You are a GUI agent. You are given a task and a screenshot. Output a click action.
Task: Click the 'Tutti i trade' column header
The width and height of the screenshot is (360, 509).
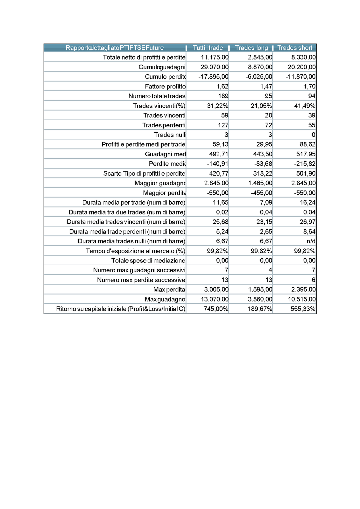tap(208, 48)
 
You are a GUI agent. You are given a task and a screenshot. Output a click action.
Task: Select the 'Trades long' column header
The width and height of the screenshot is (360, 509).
tap(251, 48)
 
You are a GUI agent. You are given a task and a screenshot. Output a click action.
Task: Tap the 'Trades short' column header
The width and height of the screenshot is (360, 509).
tap(295, 48)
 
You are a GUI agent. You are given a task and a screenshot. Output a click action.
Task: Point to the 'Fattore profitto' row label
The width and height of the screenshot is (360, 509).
tap(165, 87)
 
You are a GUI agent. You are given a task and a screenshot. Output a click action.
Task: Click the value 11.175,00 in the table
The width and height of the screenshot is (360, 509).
tap(215, 57)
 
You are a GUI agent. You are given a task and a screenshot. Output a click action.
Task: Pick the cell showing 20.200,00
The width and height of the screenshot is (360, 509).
tap(302, 67)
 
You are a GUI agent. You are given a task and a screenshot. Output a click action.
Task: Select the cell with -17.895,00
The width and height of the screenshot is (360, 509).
tap(213, 77)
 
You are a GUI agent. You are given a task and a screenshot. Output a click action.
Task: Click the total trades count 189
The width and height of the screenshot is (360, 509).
tap(223, 96)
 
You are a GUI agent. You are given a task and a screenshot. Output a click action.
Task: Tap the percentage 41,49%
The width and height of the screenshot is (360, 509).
tap(305, 106)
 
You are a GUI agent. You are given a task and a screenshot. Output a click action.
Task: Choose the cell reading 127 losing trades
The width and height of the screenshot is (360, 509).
tap(223, 125)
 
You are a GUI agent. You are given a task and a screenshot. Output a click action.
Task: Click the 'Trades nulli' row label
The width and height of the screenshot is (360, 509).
tap(170, 135)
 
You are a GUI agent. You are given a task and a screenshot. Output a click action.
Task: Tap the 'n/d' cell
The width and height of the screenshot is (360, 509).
tap(311, 241)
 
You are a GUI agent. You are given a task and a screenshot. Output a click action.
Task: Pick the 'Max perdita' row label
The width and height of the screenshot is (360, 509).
tap(169, 289)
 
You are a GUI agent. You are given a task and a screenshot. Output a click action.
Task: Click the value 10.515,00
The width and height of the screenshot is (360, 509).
tap(302, 299)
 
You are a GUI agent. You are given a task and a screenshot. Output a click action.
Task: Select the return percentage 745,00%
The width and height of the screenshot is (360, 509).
tap(216, 309)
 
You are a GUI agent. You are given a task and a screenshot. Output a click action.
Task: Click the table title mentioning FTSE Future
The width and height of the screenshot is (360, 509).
tap(115, 48)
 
